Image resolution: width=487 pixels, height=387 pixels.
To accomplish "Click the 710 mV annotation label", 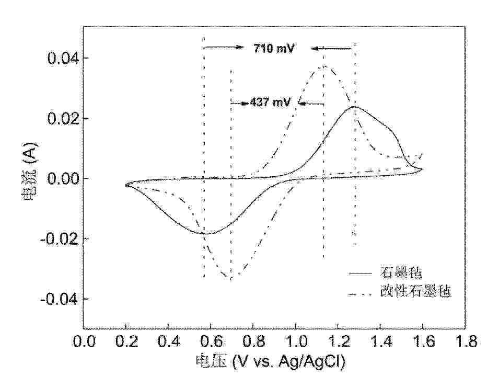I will click(274, 49).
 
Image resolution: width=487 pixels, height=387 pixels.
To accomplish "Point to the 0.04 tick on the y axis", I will click(61, 58).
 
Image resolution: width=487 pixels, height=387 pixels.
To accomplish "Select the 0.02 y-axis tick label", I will click(61, 118).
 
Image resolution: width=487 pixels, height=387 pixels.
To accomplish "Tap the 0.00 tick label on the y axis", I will click(61, 178).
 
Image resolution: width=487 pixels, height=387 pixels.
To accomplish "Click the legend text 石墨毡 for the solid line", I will click(401, 272).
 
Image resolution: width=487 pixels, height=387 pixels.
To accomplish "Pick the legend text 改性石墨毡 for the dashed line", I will click(415, 291).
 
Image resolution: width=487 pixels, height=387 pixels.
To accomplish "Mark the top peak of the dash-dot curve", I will click(325, 66).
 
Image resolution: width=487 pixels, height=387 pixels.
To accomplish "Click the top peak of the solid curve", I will click(355, 107).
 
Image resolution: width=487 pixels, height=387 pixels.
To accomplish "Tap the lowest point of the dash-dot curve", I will click(230, 278).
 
